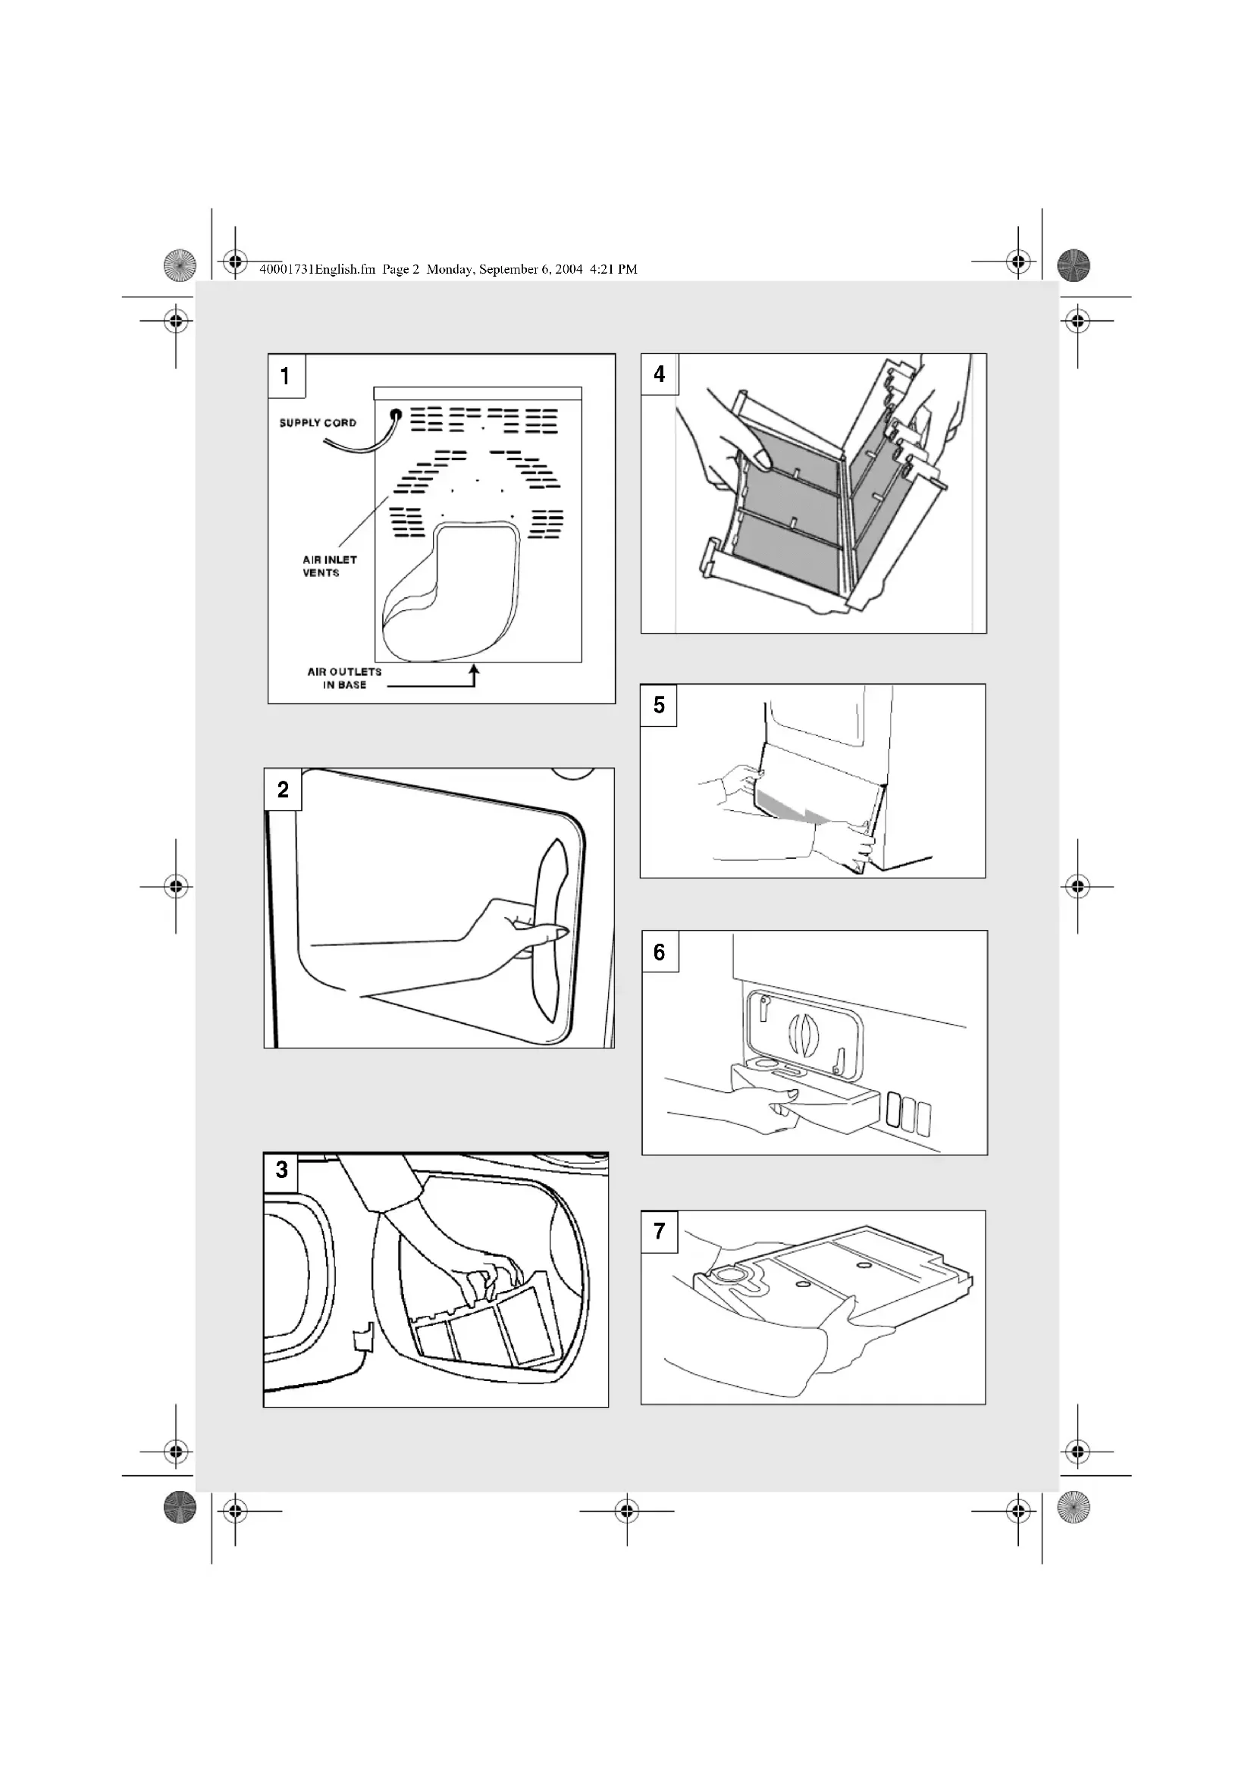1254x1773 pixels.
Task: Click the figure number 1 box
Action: point(286,376)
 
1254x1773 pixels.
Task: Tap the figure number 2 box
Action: point(283,789)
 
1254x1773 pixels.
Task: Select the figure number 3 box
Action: point(281,1170)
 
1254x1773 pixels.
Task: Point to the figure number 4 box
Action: point(659,374)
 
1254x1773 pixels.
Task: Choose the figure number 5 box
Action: point(659,705)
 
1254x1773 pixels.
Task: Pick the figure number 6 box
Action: point(660,951)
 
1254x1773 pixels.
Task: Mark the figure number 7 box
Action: point(660,1231)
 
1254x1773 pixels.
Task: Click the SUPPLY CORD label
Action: point(318,423)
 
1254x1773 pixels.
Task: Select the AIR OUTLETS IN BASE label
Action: point(344,678)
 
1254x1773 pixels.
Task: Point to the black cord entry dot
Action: point(396,414)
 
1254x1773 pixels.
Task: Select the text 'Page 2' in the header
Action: point(400,270)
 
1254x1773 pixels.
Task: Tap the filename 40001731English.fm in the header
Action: point(317,270)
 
